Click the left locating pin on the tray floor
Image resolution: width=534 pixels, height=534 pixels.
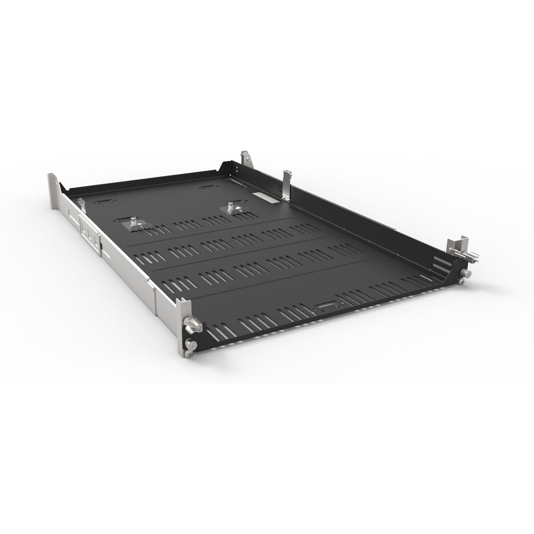(133, 222)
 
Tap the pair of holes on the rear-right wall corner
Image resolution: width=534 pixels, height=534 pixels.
(239, 170)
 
